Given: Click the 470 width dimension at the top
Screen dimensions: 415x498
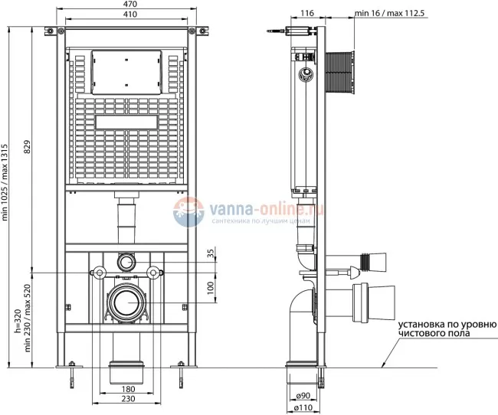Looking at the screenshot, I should tap(128, 5).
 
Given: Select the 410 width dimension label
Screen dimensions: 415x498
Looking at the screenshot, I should tap(128, 15).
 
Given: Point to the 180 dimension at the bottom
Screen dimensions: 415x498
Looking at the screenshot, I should tap(128, 390).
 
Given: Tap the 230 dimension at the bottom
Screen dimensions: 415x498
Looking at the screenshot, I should tap(128, 400).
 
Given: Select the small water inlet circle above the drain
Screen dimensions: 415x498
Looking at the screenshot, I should tap(126, 261).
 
